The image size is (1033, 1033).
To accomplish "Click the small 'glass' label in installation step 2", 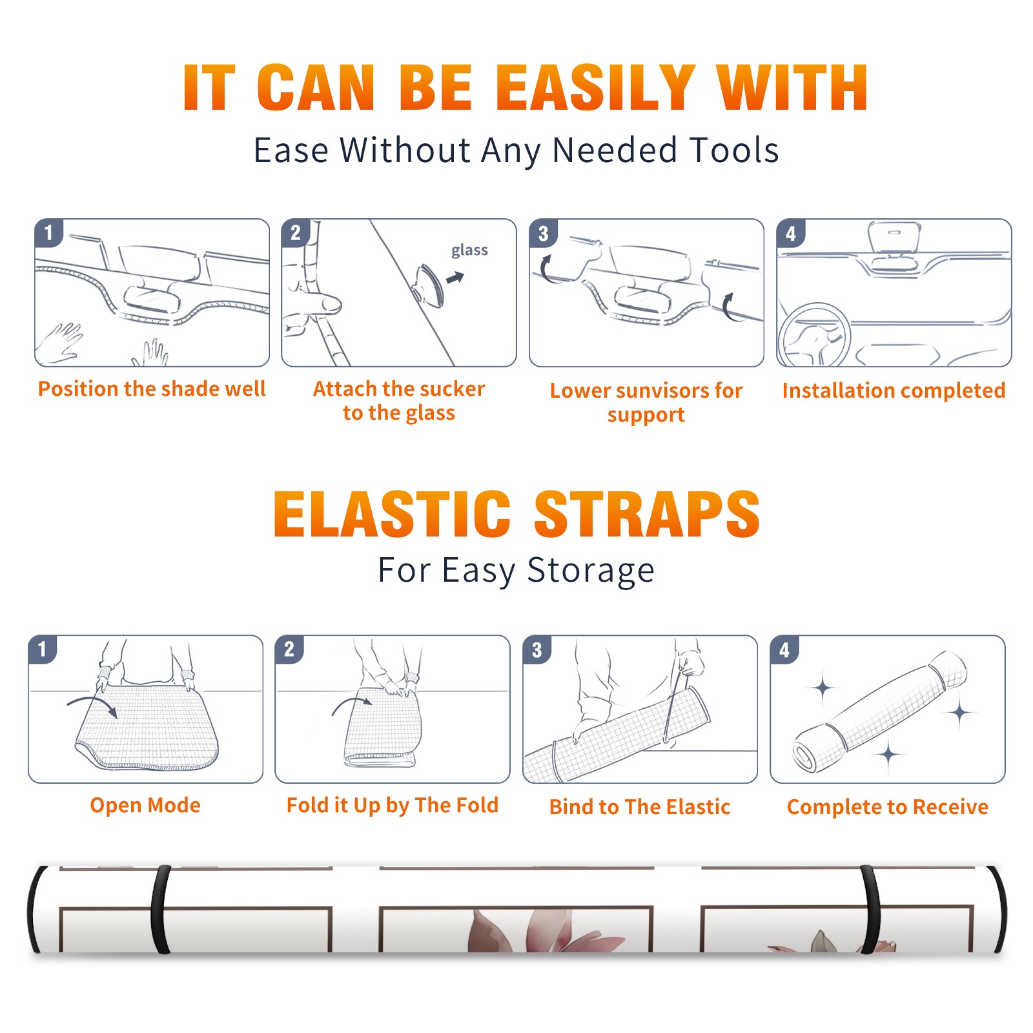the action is pyautogui.click(x=469, y=251).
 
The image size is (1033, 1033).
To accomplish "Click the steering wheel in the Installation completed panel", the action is pyautogui.click(x=814, y=334).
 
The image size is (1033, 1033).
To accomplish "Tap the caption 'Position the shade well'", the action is pyautogui.click(x=152, y=389).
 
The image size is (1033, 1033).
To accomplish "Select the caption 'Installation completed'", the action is pyautogui.click(x=894, y=391).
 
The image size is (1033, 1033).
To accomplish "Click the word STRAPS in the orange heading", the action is pyautogui.click(x=646, y=514).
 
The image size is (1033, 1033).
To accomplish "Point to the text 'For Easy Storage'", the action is pyautogui.click(x=516, y=570).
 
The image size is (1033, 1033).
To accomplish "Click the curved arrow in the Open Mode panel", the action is pyautogui.click(x=92, y=705).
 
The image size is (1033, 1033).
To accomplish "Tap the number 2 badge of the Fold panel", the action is pyautogui.click(x=289, y=649).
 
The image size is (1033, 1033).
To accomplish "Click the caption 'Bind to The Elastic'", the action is pyautogui.click(x=639, y=807).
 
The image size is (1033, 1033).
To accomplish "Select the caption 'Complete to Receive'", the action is pyautogui.click(x=887, y=807).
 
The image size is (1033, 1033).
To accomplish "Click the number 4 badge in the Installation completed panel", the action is pyautogui.click(x=791, y=234).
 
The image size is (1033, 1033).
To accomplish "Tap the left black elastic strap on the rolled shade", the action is pyautogui.click(x=161, y=910).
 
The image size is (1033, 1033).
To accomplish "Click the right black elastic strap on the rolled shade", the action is pyautogui.click(x=870, y=910).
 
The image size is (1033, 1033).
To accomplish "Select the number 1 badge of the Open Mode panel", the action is pyautogui.click(x=43, y=649).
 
